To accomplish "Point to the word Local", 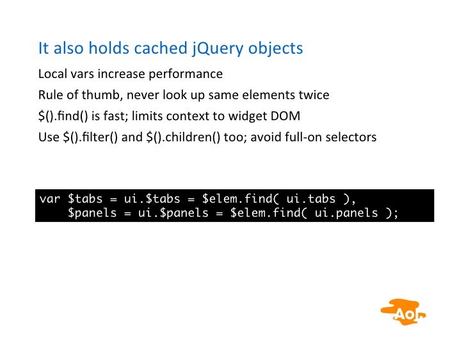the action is point(51,74).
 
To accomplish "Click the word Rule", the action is point(50,96).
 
